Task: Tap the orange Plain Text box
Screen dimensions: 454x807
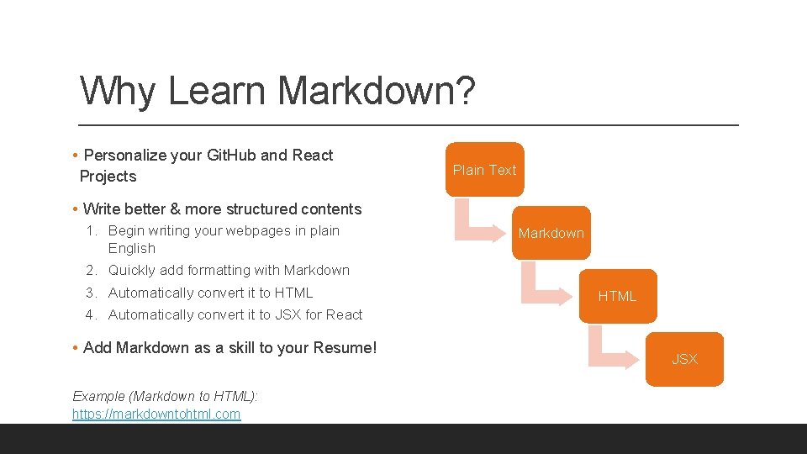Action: (484, 170)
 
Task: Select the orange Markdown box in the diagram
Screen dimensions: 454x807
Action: (551, 233)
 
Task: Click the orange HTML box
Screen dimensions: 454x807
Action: (617, 296)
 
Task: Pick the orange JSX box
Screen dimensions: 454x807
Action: (684, 359)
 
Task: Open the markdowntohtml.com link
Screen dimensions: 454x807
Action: (156, 414)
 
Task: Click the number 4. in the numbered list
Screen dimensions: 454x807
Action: (92, 314)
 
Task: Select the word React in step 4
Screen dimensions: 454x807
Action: (344, 314)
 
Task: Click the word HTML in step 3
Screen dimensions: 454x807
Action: (293, 293)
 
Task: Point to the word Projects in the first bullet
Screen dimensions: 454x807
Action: (108, 177)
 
